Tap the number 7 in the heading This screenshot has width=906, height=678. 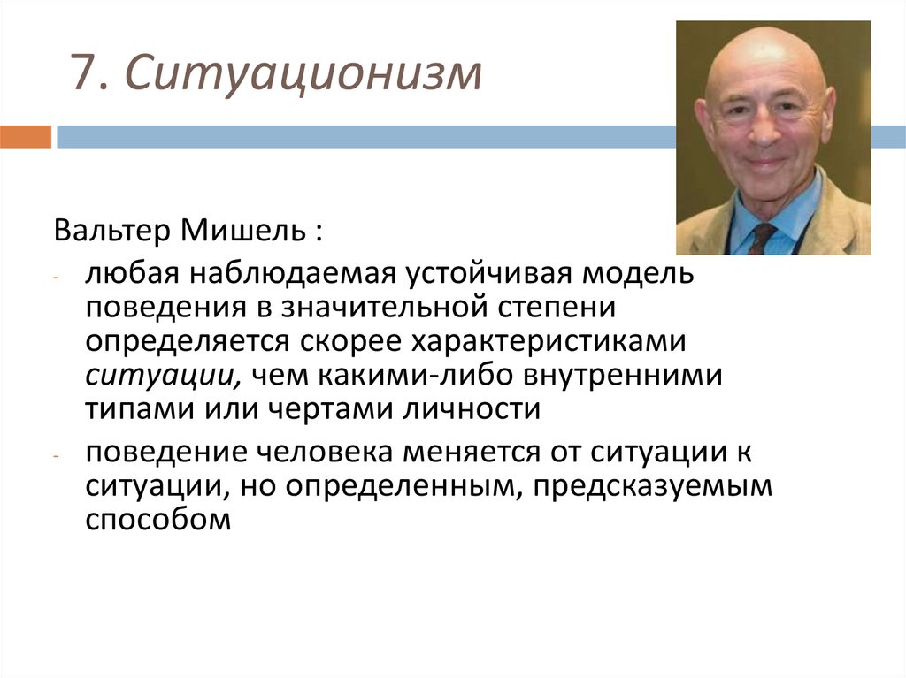click(x=83, y=76)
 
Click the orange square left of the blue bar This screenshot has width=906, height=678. click(x=26, y=136)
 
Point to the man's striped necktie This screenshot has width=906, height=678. click(x=760, y=238)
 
